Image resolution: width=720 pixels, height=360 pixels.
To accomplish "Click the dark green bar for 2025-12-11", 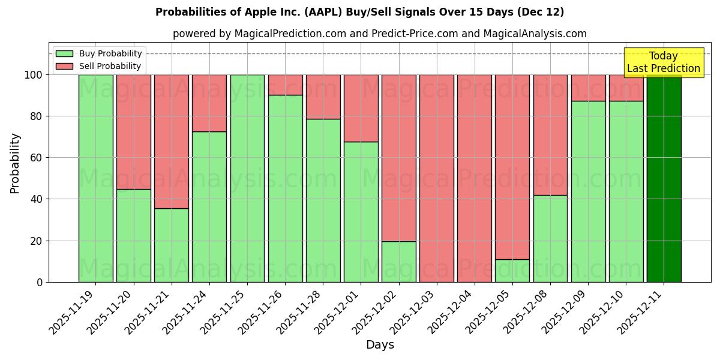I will pos(664,178).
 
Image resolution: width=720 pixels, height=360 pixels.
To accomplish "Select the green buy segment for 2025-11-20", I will pos(133,235).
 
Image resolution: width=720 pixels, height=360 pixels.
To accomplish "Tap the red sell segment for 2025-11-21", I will pos(171,141).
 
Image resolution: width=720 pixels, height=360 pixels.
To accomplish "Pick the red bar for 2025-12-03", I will pos(437,178).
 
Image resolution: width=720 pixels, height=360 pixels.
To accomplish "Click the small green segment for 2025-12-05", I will pos(512,271).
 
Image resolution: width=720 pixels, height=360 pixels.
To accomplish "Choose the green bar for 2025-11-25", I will pos(247,178).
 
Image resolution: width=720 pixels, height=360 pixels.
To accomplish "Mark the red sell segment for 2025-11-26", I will pos(285,85).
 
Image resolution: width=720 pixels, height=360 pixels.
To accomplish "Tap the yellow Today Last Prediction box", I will pos(664,62).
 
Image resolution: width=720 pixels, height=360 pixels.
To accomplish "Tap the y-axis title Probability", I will pos(15,163).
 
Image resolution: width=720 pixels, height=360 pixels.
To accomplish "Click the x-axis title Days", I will pos(380,345).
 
